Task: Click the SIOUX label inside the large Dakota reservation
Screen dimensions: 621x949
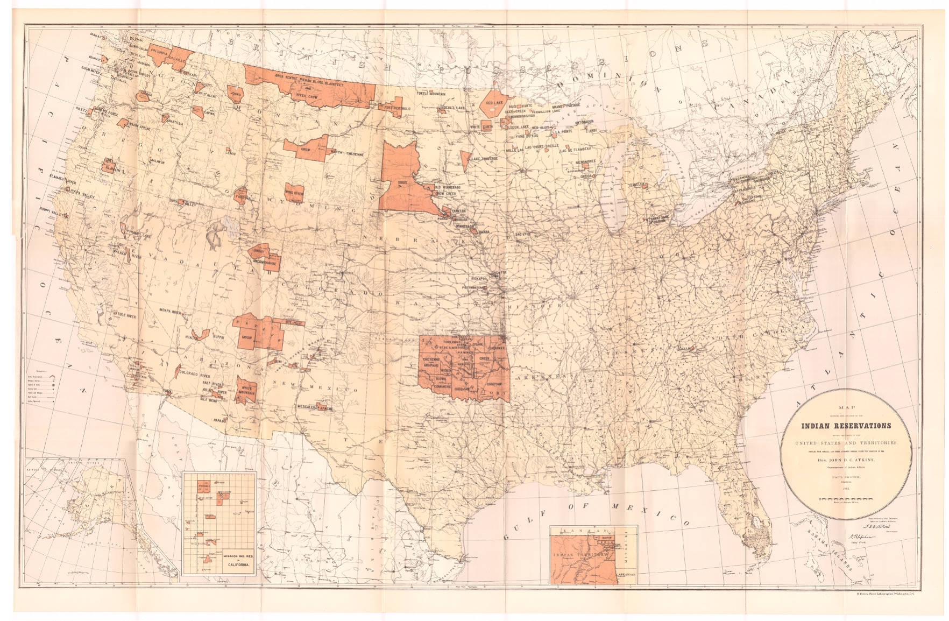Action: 403,183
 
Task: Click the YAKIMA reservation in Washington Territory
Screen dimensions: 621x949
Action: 145,95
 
